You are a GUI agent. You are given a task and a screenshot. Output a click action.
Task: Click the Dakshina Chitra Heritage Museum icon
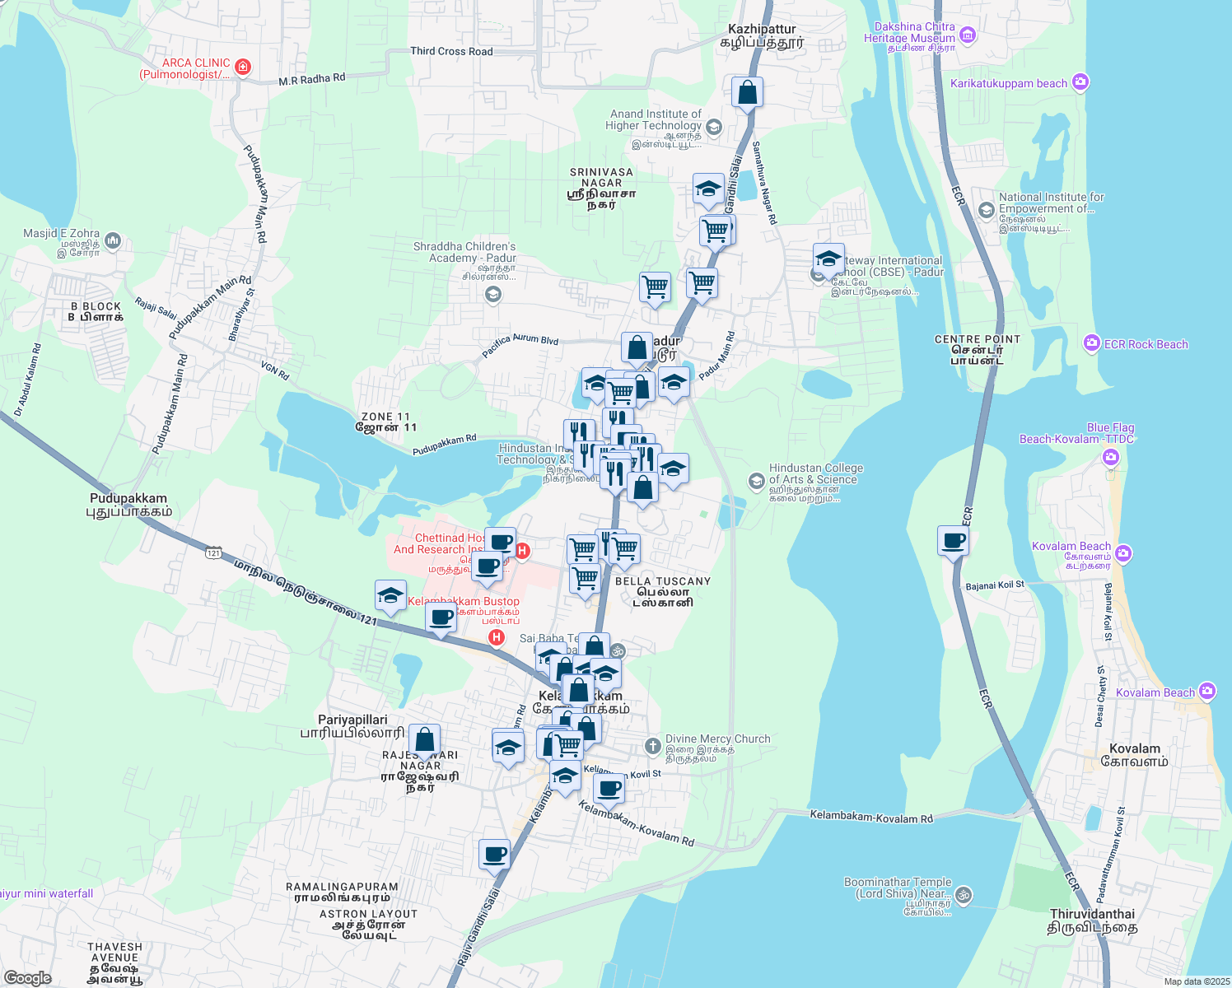[x=968, y=35]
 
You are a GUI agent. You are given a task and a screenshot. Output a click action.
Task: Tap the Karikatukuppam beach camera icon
[x=1080, y=82]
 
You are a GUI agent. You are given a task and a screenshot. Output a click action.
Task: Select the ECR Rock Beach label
[x=1146, y=344]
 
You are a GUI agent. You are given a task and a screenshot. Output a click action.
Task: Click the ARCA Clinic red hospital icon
[x=243, y=67]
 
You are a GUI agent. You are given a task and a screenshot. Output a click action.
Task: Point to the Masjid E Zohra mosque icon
[x=113, y=240]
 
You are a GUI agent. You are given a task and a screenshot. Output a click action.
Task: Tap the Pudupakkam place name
[x=128, y=499]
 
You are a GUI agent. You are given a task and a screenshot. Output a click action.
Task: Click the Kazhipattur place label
[x=762, y=29]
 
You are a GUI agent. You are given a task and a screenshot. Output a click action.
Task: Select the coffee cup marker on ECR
[x=953, y=542]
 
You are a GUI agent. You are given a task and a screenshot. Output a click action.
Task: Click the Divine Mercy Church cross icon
[x=652, y=746]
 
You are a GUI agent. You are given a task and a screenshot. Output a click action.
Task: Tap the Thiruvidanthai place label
[x=1092, y=915]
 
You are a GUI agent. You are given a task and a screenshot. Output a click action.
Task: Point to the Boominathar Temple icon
[x=964, y=894]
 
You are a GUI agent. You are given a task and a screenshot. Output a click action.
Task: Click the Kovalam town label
[x=1135, y=748]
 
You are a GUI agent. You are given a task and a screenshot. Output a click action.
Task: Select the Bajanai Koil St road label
[x=995, y=585]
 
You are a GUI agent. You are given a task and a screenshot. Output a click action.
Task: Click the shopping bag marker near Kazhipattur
[x=747, y=92]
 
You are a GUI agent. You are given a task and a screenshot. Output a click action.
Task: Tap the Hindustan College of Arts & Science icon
[x=756, y=480]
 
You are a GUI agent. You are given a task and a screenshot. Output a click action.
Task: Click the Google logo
[x=27, y=978]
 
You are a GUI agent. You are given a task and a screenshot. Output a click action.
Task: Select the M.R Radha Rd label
[x=311, y=79]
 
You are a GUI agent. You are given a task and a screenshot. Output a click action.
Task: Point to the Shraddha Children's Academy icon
[x=493, y=295]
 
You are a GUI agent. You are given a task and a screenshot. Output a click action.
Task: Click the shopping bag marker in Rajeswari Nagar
[x=424, y=740]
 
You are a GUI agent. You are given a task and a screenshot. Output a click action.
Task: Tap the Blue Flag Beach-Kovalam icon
[x=1111, y=456]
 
